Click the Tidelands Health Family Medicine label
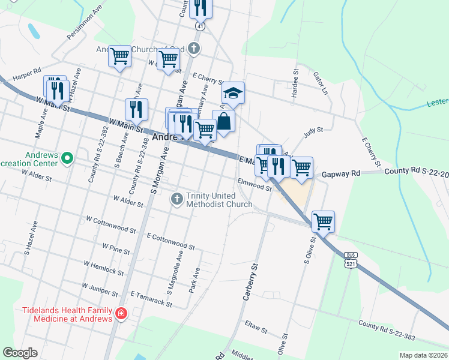click(67, 314)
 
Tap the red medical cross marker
click(121, 313)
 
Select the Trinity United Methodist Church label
click(219, 200)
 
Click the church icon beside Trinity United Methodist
click(177, 198)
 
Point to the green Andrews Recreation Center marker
click(67, 159)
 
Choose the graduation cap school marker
click(233, 94)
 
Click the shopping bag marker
click(223, 121)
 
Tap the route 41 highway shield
click(199, 26)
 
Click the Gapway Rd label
click(340, 173)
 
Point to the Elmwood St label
click(255, 184)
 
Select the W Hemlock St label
click(103, 268)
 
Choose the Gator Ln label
click(321, 84)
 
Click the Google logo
click(20, 353)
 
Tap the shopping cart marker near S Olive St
click(323, 221)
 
